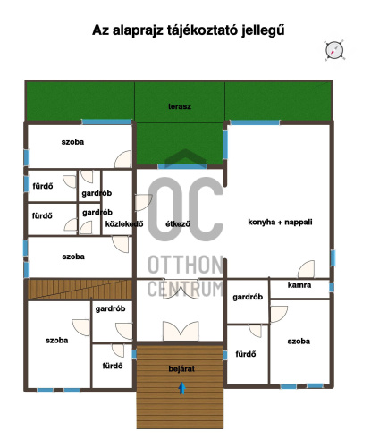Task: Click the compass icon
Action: tap(334, 50)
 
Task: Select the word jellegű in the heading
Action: tap(263, 30)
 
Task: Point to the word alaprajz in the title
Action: tap(138, 30)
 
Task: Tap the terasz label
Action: tap(180, 106)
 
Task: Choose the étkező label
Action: tap(178, 223)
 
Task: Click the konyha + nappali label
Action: tap(280, 222)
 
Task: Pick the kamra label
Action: tap(299, 285)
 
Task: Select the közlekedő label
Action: tap(124, 223)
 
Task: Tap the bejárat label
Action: tap(181, 368)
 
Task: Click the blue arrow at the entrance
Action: tap(181, 388)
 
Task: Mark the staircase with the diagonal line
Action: tap(80, 289)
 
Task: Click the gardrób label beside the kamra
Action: tap(248, 297)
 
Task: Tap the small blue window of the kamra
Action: tap(332, 287)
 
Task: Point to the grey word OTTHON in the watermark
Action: tap(185, 265)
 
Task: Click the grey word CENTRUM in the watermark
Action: tap(185, 289)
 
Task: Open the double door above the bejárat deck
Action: tap(181, 331)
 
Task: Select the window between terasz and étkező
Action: tap(182, 166)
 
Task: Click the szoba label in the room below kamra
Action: tap(299, 341)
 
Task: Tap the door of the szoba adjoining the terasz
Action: tap(122, 159)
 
